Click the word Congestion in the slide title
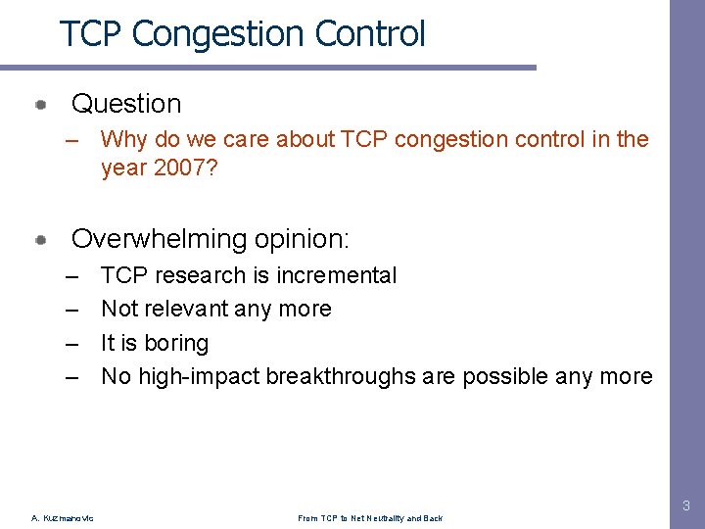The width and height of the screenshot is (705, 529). tap(220, 34)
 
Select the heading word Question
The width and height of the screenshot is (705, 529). tap(126, 104)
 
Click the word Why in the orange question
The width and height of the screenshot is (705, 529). tap(123, 139)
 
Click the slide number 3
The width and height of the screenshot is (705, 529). tap(685, 506)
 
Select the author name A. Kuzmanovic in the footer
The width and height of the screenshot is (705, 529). tap(63, 518)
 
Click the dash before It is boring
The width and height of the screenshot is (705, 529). tap(71, 343)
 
